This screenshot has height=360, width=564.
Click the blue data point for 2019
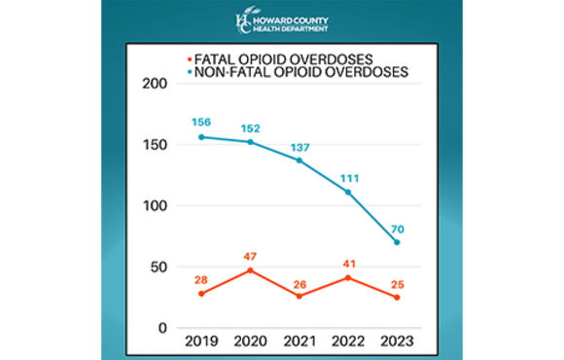pos(201,137)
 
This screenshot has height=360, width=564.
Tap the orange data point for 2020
pos(250,270)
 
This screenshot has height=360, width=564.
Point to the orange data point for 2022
pos(348,277)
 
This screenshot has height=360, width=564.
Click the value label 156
pos(201,122)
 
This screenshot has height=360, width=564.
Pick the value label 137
pos(300,145)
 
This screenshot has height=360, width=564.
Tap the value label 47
pos(250,255)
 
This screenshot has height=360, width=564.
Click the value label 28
pos(201,278)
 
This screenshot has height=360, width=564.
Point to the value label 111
pos(348,177)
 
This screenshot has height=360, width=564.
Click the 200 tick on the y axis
pos(155,85)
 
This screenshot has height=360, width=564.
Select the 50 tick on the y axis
pos(159,267)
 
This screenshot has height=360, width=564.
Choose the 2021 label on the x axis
pos(300,342)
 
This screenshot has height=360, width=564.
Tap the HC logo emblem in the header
pos(243,21)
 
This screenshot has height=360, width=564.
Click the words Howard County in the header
pos(293,17)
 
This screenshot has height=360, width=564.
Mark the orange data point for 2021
pos(300,296)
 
